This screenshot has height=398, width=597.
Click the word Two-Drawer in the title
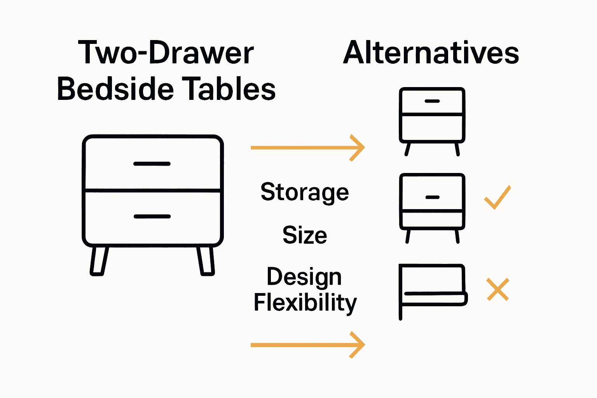[x=166, y=53]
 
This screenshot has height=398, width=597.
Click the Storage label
[x=304, y=192]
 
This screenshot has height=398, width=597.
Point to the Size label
[x=304, y=235]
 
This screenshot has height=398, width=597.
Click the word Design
[x=304, y=278]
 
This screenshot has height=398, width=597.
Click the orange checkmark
[x=497, y=198]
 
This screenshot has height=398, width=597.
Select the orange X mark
[x=498, y=289]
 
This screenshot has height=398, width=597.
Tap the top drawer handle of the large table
[x=152, y=164]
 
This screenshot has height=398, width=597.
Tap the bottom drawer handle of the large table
[x=152, y=216]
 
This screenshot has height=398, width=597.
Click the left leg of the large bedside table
[x=98, y=261]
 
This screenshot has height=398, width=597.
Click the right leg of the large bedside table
[x=206, y=261]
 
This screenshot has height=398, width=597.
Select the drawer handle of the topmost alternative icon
[x=432, y=101]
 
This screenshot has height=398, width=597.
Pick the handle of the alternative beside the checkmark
[x=432, y=197]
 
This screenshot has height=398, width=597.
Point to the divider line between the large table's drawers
[x=152, y=190]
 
